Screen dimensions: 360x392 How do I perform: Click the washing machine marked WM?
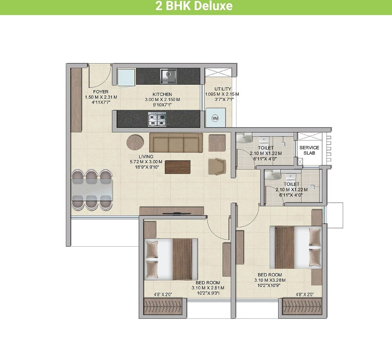click(x=215, y=118)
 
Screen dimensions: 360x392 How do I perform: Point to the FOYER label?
click(x=101, y=92)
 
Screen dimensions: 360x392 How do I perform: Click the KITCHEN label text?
click(x=162, y=95)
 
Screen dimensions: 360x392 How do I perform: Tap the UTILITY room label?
click(x=222, y=89)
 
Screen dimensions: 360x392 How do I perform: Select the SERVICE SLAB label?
click(x=309, y=150)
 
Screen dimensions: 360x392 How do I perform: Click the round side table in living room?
click(x=134, y=143)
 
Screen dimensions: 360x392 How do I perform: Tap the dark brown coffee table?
click(x=178, y=167)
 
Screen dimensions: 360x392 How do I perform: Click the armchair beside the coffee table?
click(x=217, y=167)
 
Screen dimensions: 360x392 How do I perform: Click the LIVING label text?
click(x=146, y=156)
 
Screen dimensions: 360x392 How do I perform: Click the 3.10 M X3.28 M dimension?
click(x=270, y=280)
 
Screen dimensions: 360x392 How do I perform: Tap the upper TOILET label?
click(x=266, y=148)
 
